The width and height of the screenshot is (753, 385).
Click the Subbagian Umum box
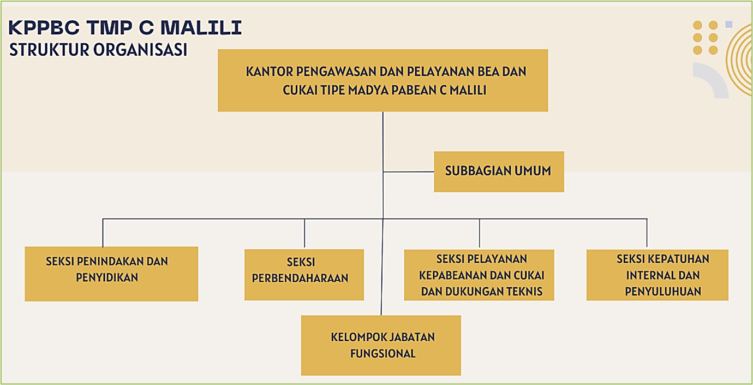point(499,171)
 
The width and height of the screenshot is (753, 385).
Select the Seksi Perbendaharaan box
point(304,275)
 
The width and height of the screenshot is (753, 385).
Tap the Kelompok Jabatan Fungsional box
point(381,345)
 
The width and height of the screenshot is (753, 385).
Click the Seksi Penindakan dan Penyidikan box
point(111,274)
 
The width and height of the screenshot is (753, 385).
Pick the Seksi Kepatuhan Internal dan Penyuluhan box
point(657,275)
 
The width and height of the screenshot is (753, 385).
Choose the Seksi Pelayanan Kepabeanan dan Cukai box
point(479,275)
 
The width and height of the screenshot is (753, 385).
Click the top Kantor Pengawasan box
point(383,80)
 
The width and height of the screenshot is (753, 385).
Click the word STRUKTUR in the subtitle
point(49,50)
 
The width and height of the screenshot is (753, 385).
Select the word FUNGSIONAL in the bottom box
point(383,353)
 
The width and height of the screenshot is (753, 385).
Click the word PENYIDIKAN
point(107,277)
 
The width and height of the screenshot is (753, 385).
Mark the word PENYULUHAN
point(663,291)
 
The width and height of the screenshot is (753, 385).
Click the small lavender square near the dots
point(728,24)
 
